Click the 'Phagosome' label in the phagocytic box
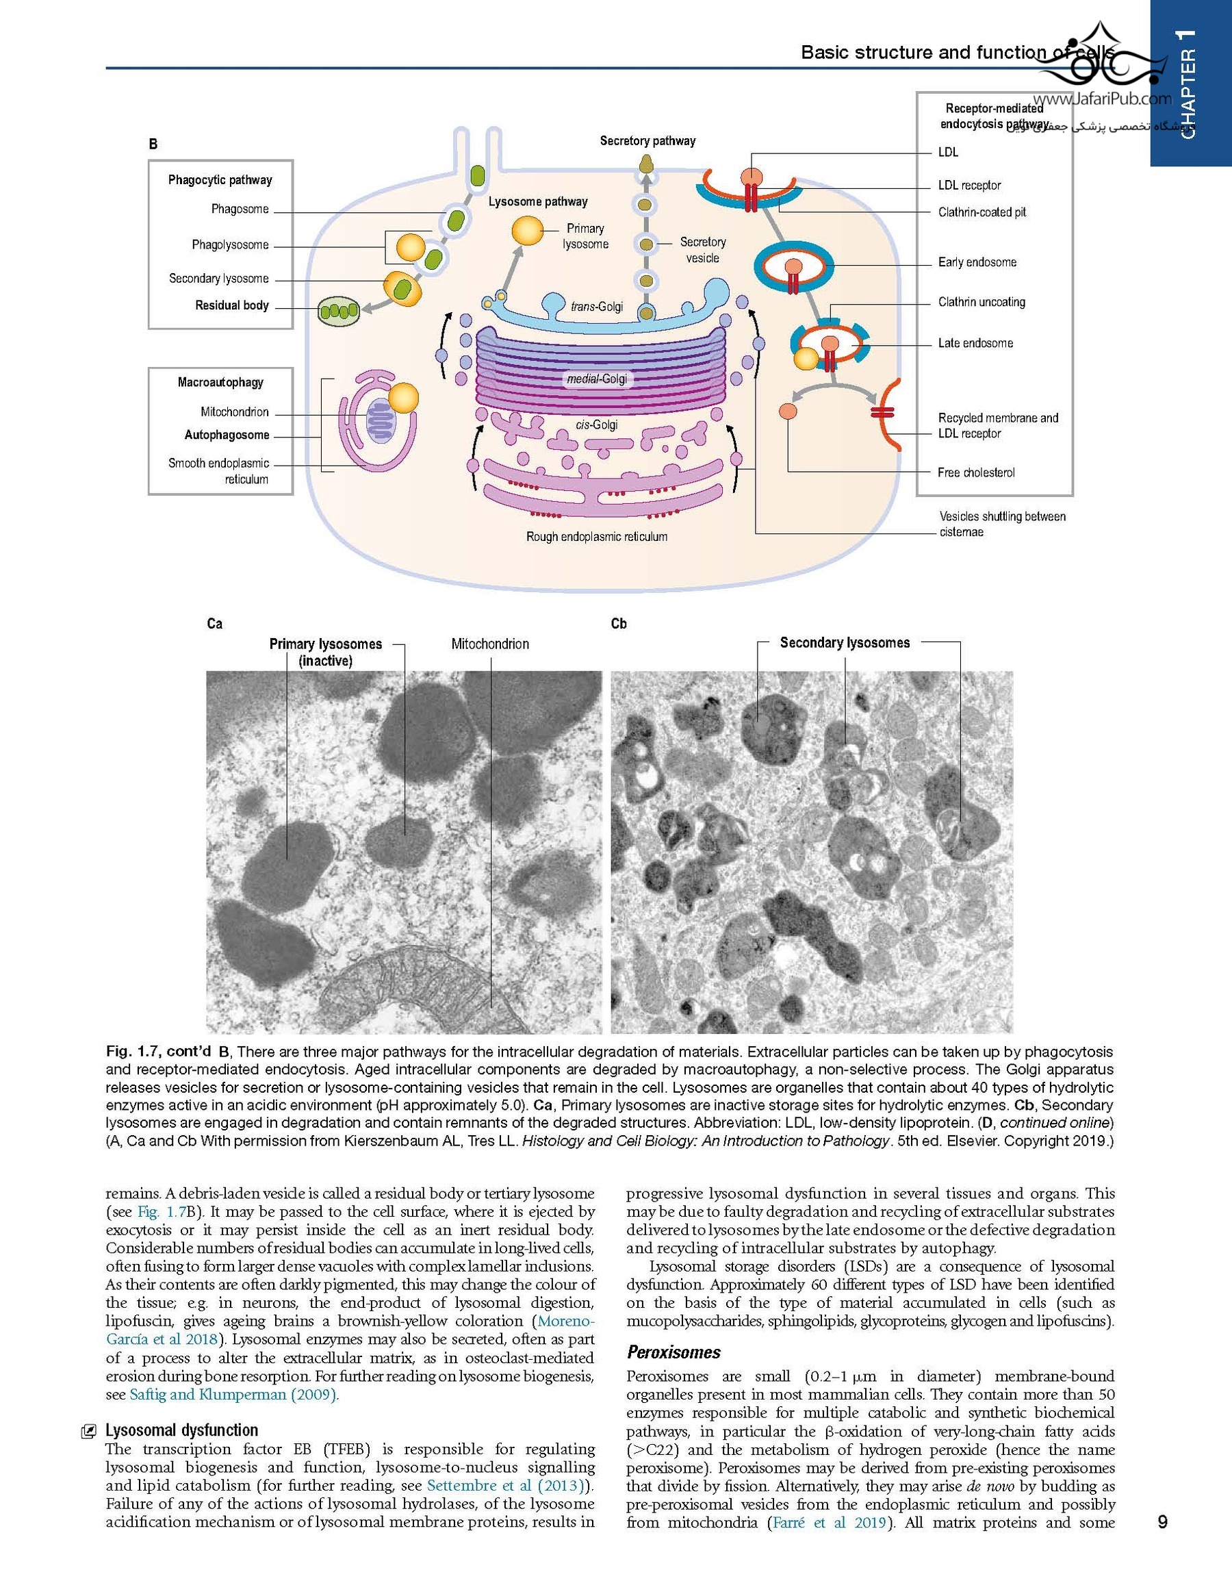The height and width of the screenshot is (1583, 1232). pyautogui.click(x=240, y=210)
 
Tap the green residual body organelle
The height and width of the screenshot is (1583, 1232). pyautogui.click(x=338, y=312)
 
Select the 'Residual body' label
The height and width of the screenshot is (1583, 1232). pyautogui.click(x=232, y=306)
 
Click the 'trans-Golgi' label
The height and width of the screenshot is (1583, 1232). pyautogui.click(x=596, y=307)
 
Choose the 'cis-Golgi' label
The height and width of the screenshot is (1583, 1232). pyautogui.click(x=597, y=425)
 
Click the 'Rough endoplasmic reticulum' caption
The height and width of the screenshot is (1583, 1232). pyautogui.click(x=596, y=537)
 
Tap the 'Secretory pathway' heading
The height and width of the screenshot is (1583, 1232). pyautogui.click(x=647, y=141)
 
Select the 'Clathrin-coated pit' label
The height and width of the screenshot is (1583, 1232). pyautogui.click(x=982, y=212)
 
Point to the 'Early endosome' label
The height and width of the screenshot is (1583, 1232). pyautogui.click(x=977, y=262)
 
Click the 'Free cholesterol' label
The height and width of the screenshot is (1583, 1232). pyautogui.click(x=975, y=472)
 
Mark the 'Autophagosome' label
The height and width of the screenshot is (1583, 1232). pyautogui.click(x=227, y=435)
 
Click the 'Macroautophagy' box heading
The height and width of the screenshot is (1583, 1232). pyautogui.click(x=220, y=383)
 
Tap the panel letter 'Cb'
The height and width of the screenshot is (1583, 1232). pyautogui.click(x=619, y=624)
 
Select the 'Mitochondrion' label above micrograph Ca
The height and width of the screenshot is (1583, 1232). pyautogui.click(x=490, y=644)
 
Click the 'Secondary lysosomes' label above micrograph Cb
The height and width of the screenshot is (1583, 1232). pyautogui.click(x=845, y=643)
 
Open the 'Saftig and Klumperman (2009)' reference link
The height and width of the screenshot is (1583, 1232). pyautogui.click(x=233, y=1395)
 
